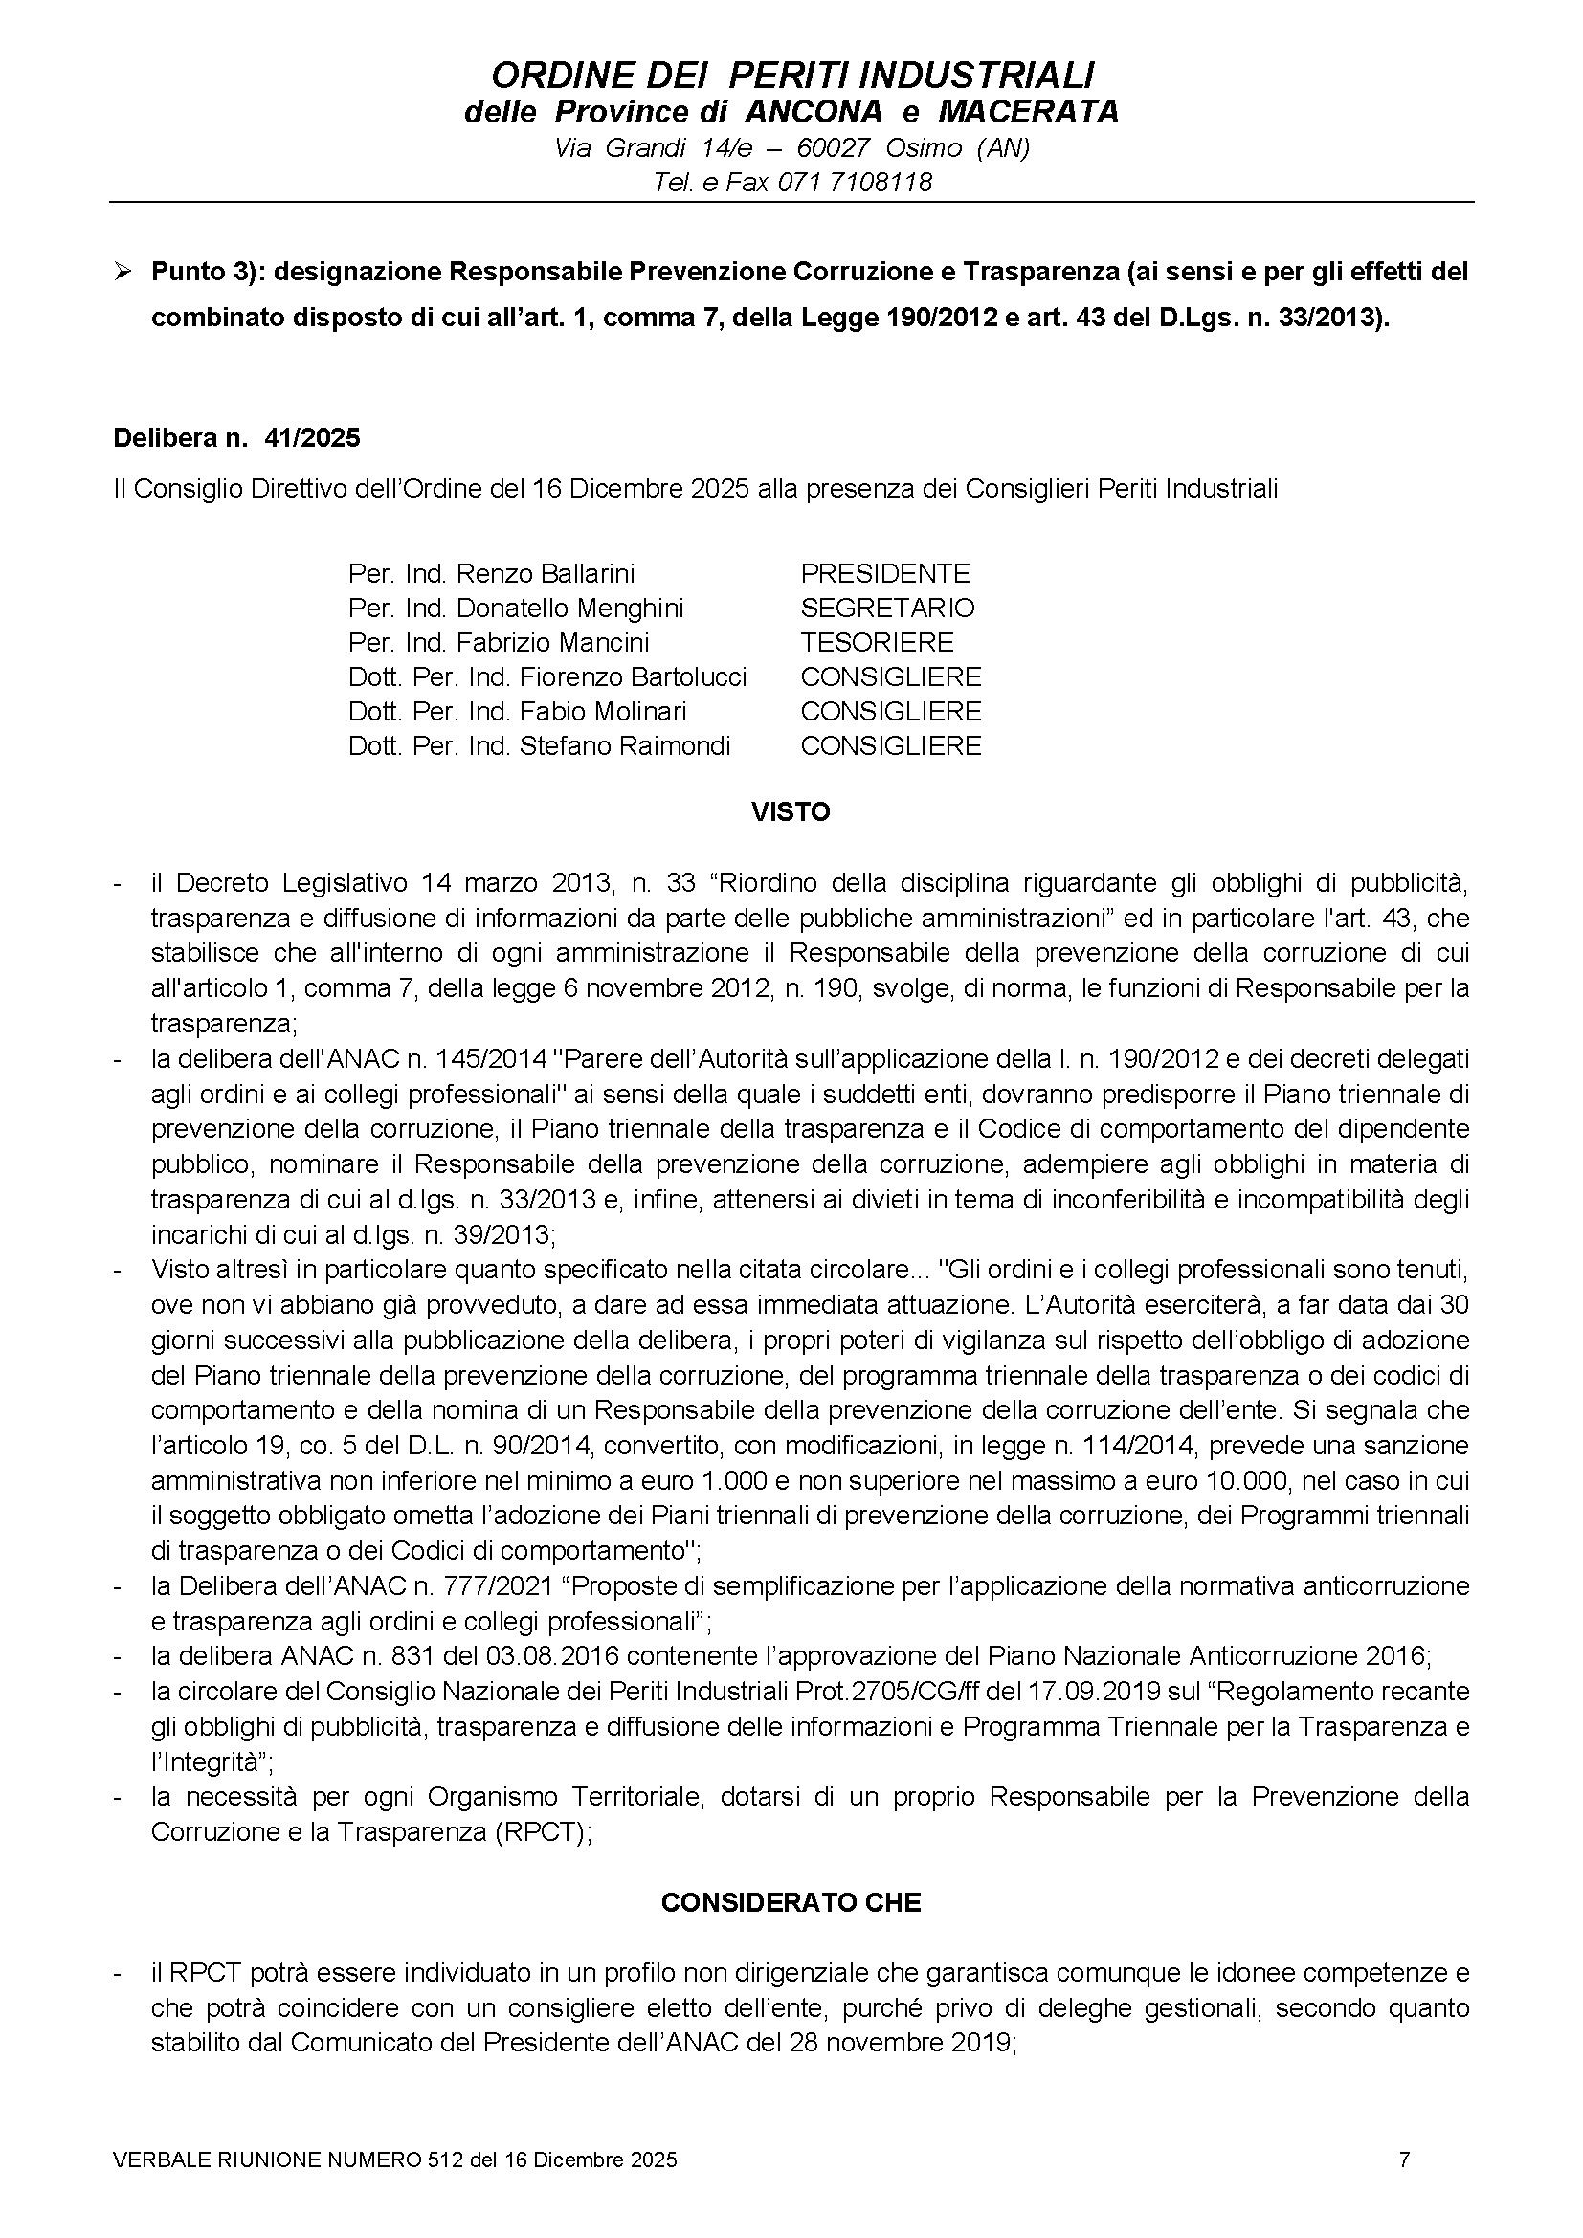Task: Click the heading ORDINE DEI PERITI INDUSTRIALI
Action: [791, 75]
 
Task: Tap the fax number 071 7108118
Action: [855, 183]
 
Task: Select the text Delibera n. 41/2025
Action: [236, 437]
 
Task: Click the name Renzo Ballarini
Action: [545, 573]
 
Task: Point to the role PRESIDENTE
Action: [885, 573]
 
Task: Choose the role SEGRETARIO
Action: [887, 608]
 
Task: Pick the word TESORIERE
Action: [878, 642]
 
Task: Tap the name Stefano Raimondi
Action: [625, 745]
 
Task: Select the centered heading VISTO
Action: [791, 812]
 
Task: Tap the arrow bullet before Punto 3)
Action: [123, 271]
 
